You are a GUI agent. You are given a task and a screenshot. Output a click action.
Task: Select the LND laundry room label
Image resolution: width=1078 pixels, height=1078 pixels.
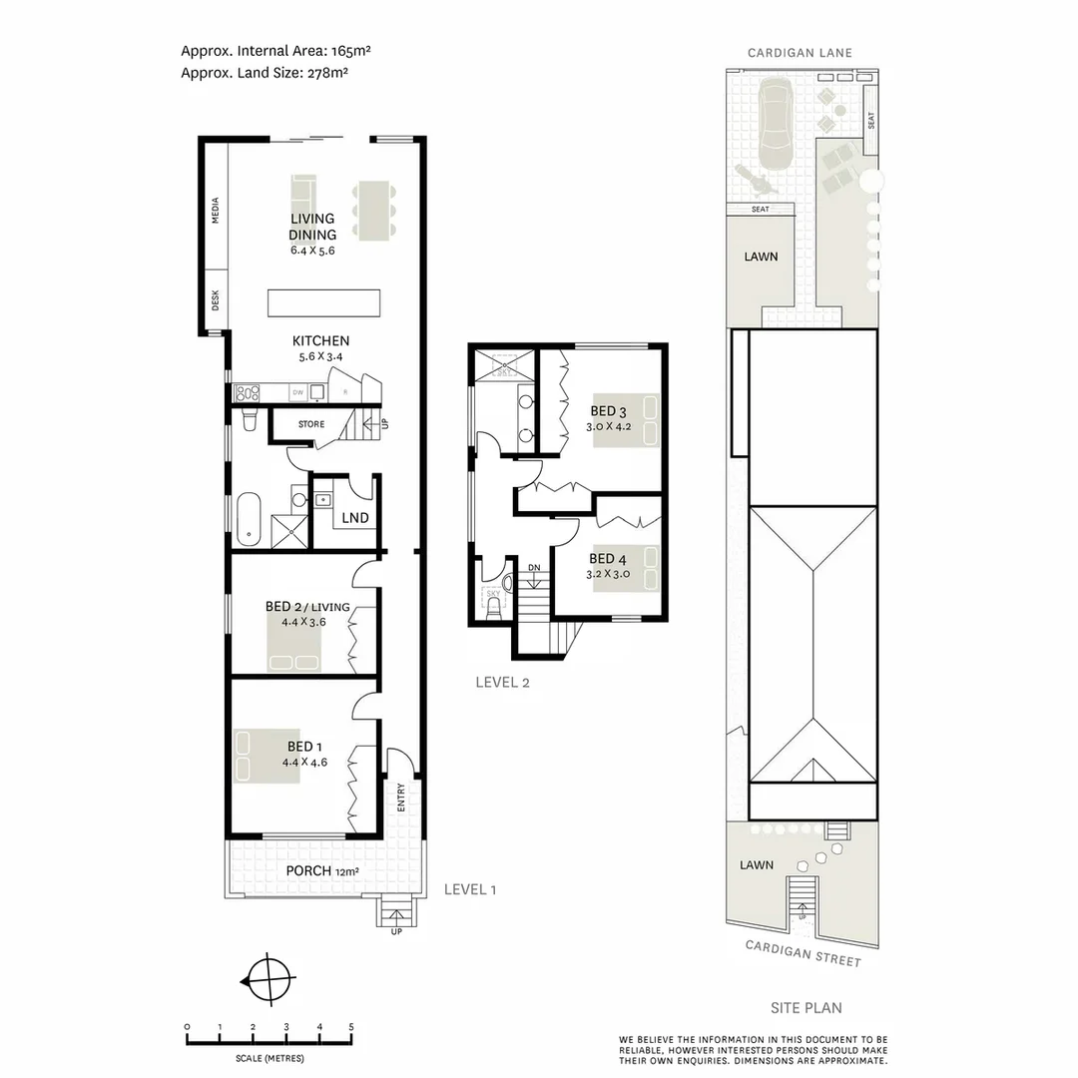[355, 518]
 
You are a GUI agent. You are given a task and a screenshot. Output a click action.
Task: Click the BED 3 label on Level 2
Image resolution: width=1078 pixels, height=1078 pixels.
[609, 410]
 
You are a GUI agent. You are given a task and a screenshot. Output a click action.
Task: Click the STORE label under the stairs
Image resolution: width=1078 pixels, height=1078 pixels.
[311, 424]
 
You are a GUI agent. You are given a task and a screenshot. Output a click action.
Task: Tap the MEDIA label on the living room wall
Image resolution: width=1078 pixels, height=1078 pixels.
[216, 211]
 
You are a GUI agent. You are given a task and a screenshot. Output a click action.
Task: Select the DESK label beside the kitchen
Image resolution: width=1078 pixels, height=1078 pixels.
[216, 299]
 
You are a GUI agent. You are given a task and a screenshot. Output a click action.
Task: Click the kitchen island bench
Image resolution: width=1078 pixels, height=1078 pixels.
[323, 301]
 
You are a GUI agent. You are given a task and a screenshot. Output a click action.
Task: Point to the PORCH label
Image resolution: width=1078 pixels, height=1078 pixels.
[309, 870]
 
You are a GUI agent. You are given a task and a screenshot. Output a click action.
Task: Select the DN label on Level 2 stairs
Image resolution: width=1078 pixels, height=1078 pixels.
[535, 568]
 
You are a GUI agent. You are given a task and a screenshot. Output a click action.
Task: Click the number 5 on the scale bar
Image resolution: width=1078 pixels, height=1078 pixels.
[351, 1026]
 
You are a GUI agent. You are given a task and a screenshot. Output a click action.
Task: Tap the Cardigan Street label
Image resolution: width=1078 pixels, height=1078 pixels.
[803, 953]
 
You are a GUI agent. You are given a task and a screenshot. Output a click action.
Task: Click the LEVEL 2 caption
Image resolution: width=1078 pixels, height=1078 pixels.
[502, 683]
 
